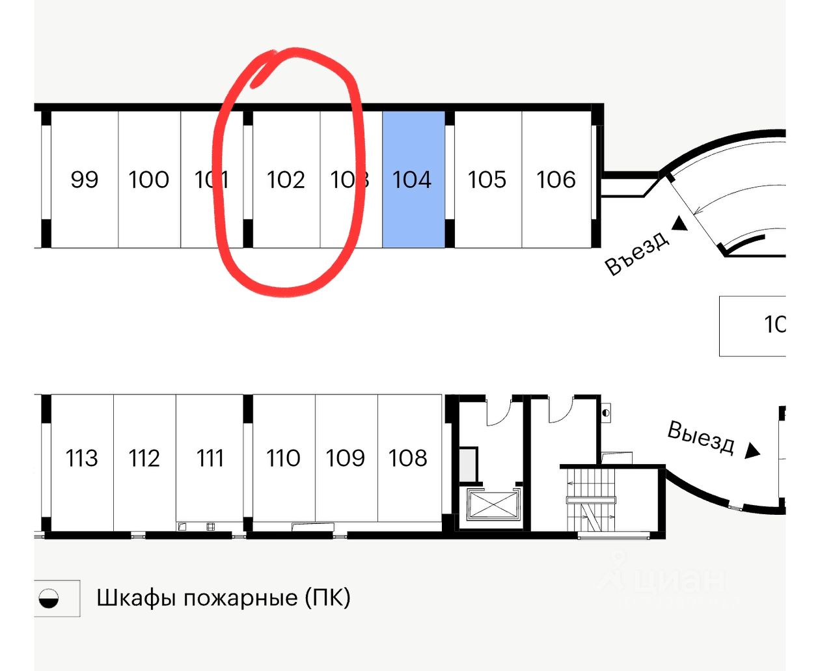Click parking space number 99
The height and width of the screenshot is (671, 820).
point(84,180)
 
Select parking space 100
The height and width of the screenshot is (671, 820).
point(148,180)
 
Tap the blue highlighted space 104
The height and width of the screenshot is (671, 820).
point(413,180)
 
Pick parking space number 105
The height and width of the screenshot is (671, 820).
point(487,180)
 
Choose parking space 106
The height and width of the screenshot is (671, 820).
point(556,180)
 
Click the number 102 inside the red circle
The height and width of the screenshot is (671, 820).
point(286,180)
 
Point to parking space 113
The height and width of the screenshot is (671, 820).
point(81,458)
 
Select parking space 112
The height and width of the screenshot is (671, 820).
point(144,458)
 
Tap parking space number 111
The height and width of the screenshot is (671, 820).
point(210,458)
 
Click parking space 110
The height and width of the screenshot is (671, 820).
point(283,458)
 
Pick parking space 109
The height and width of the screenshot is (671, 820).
point(345,458)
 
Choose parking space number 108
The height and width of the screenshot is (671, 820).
point(408,458)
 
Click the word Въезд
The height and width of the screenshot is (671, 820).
point(637,253)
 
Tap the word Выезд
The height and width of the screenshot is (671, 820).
point(701,437)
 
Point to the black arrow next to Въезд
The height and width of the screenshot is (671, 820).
point(679,224)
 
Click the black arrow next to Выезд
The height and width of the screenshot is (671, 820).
point(752,450)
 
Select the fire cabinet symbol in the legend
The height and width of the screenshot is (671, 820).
point(49,598)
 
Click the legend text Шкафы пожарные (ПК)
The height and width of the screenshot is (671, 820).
point(223,597)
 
